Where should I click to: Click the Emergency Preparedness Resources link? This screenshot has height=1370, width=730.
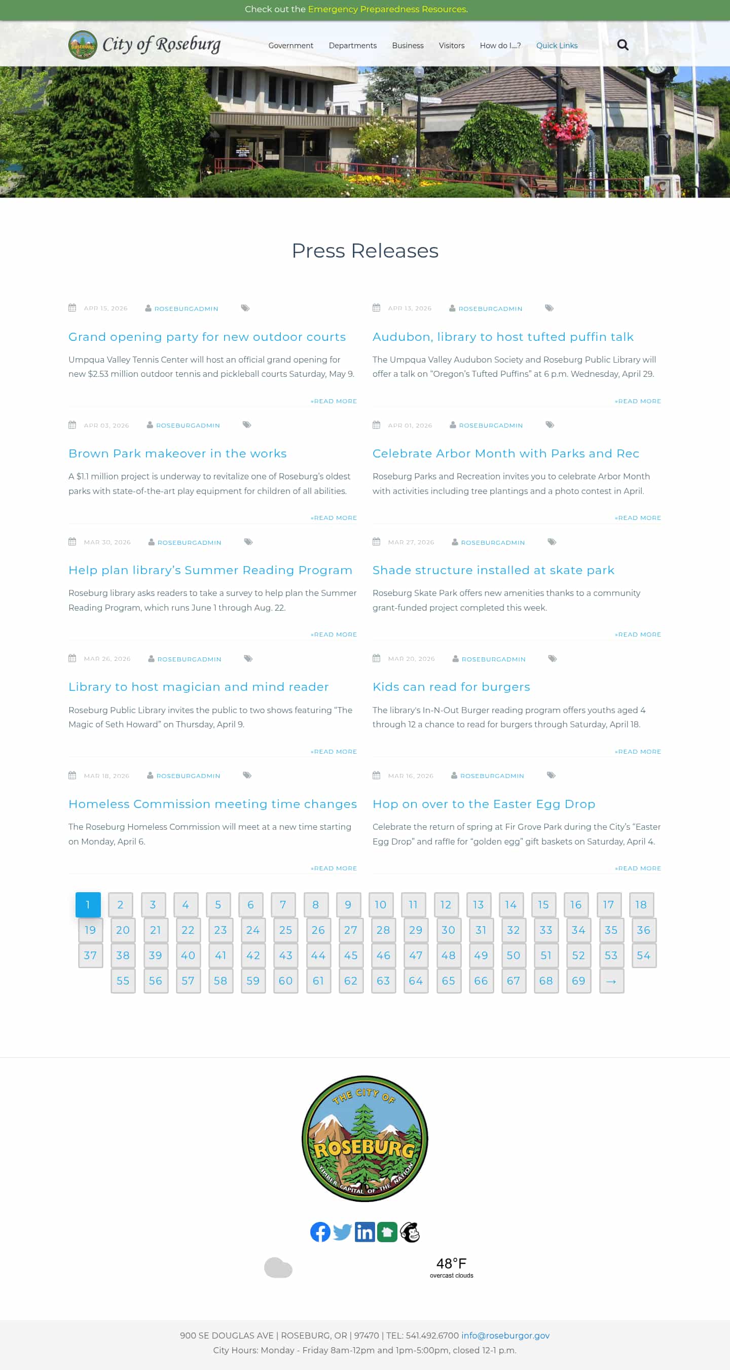pos(387,9)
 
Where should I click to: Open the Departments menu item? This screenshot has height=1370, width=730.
pos(352,46)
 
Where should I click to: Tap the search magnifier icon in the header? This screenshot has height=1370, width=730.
pos(623,45)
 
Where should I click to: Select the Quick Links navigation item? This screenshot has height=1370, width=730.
pos(556,46)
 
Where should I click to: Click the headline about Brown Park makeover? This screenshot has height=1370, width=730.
pos(177,453)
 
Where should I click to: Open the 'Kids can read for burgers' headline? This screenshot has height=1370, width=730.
pos(451,687)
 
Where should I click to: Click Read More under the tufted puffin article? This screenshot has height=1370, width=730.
pos(638,401)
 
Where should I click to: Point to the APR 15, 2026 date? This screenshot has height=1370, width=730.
pos(105,308)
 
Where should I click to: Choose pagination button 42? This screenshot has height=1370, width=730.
pos(253,955)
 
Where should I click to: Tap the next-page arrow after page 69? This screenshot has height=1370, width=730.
pos(611,980)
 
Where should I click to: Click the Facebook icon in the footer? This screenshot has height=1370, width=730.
pos(320,1232)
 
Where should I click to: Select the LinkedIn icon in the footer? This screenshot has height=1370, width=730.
pos(364,1232)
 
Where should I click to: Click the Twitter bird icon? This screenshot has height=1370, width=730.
pos(342,1232)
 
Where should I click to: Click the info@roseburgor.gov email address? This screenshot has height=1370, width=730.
pos(505,1336)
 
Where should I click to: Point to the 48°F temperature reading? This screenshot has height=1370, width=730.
pos(451,1263)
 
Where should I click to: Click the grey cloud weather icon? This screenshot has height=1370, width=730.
pos(278,1268)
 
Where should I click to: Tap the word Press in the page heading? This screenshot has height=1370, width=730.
pos(317,251)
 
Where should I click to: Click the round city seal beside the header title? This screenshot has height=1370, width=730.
pos(83,45)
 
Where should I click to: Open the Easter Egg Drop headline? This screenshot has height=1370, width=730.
pos(483,804)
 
